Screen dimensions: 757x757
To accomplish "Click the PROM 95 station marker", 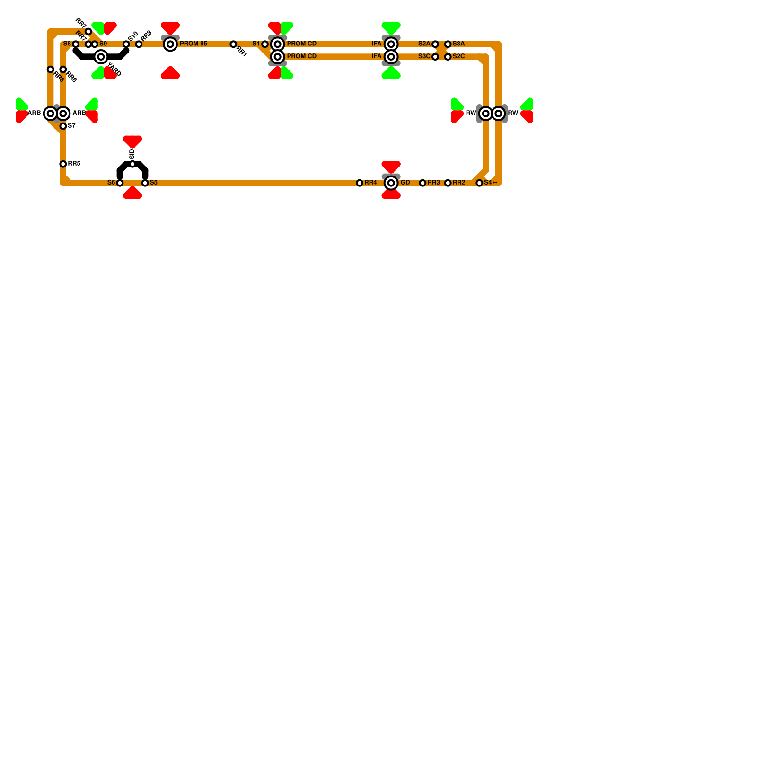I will point(170,44).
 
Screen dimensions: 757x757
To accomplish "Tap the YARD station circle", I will point(101,57).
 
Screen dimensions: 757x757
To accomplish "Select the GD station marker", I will point(391,183).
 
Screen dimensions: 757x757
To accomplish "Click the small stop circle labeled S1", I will point(265,44).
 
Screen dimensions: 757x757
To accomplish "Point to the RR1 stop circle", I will point(233,44).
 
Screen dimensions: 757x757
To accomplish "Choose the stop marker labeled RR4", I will point(360,183).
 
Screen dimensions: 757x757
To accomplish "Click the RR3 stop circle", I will point(423,183).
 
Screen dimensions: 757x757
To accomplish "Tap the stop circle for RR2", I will point(448,183).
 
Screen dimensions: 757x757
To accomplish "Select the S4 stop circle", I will point(479,183).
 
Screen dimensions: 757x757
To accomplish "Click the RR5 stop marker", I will point(63,164).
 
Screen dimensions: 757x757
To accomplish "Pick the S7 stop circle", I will point(63,126).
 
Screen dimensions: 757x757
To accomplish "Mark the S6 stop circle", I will point(120,183).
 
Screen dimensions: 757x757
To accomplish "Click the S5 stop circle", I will point(145,183).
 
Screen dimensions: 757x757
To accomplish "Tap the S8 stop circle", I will point(76,44).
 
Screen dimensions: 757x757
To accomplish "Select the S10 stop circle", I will point(126,44).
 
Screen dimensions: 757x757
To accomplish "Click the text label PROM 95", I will point(194,44).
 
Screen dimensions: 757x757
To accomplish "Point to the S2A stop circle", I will point(435,44).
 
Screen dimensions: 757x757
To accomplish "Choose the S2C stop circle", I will point(448,57).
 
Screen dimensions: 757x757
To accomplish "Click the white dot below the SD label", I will point(132,164).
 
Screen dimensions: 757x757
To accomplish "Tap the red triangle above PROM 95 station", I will point(170,27).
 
